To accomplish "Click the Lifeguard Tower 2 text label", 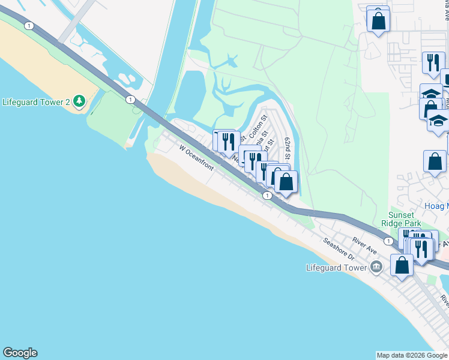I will pos(37,101).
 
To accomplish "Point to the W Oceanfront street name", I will pos(196,157).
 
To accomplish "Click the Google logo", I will pos(20,353).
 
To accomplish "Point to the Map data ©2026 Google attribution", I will pos(412,355).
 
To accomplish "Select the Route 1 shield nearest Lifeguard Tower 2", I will pos(130,99).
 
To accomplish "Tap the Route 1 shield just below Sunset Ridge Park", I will pos(389,241).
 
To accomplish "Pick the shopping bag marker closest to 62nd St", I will pos(286,182).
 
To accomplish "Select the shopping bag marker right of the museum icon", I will pos(402,264).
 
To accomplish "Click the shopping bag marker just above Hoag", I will pos(434,161).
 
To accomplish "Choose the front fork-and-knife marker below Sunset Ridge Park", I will pos(423,248).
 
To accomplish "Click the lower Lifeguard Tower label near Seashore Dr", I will pos(336,268).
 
